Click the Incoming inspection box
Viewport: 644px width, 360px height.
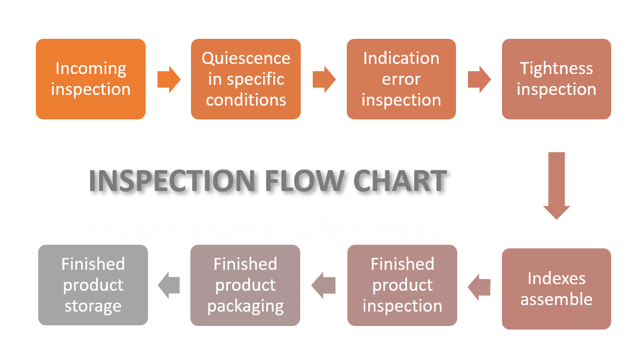(91, 79)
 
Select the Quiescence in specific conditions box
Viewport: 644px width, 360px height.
(246, 79)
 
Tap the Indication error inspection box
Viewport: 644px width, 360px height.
(401, 79)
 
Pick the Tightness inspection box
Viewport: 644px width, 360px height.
(556, 79)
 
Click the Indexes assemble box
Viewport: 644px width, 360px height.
(556, 288)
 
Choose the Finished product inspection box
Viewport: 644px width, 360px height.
(402, 285)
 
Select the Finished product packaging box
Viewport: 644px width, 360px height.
(245, 285)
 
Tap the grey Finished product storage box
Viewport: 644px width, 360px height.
(93, 285)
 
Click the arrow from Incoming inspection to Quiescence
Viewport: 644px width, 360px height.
(169, 79)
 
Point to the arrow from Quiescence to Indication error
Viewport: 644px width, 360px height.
(324, 79)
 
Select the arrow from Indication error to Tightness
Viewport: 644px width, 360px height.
(479, 79)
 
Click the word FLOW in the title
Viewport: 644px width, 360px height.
(305, 181)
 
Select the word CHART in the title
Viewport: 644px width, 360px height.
(400, 181)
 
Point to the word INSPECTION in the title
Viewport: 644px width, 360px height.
(172, 181)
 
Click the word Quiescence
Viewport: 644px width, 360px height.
(246, 59)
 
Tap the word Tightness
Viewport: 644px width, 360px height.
(556, 69)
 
